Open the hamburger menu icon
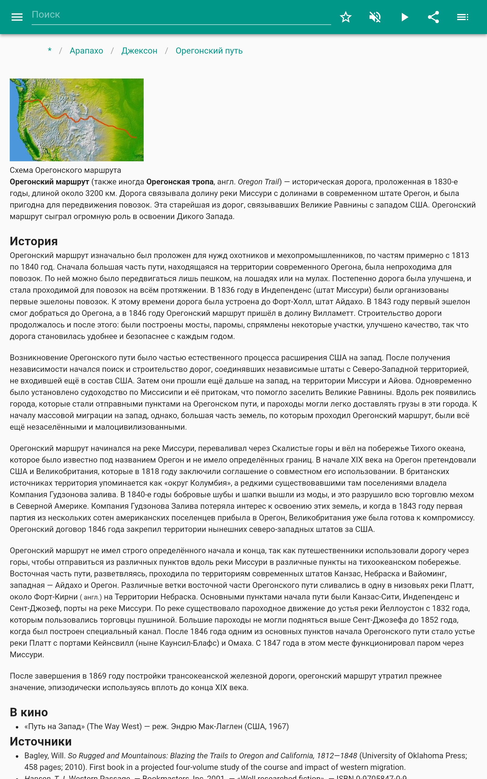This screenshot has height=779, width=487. [17, 17]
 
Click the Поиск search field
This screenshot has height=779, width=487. [180, 15]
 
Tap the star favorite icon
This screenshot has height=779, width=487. [345, 17]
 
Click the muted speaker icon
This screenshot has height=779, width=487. [375, 17]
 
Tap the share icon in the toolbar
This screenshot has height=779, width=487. [433, 17]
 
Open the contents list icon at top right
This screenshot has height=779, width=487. [463, 17]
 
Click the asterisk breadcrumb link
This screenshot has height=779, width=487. [50, 51]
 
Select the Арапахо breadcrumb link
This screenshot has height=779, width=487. [86, 51]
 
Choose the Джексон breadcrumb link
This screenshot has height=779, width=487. [139, 51]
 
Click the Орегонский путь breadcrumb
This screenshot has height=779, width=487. [209, 51]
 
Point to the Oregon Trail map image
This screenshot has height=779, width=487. [77, 120]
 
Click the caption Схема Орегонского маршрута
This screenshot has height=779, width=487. [65, 170]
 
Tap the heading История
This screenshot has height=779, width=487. [34, 241]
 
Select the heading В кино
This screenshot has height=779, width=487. [29, 712]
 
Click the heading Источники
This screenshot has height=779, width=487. [40, 741]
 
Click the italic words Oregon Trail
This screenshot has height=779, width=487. [258, 182]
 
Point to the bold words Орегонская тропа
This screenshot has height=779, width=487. [180, 182]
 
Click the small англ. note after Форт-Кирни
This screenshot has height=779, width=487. [91, 597]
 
